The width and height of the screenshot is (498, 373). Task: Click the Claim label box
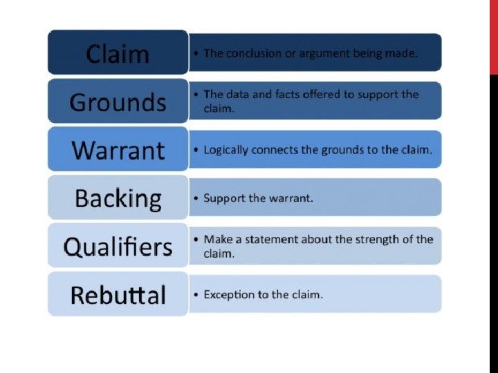point(118,52)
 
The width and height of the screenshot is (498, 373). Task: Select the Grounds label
point(118,102)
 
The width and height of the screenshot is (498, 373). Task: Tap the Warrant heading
point(118,150)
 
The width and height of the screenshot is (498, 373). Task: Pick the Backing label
point(118,198)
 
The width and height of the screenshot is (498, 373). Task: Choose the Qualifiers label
point(118,246)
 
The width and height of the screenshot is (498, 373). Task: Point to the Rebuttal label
point(118,295)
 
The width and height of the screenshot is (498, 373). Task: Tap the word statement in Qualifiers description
point(269,240)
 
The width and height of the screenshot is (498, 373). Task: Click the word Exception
point(229,295)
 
